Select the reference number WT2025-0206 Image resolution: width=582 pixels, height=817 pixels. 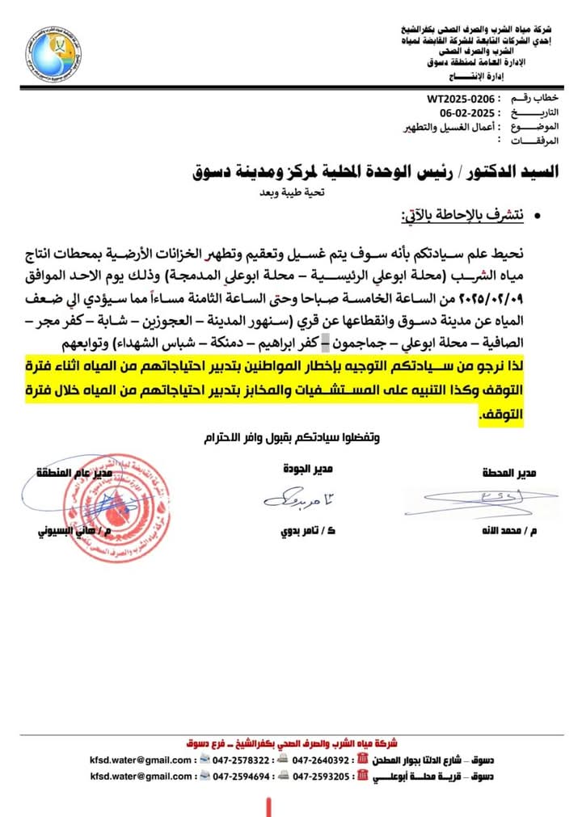461,99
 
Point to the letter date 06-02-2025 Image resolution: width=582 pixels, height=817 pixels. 458,114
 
